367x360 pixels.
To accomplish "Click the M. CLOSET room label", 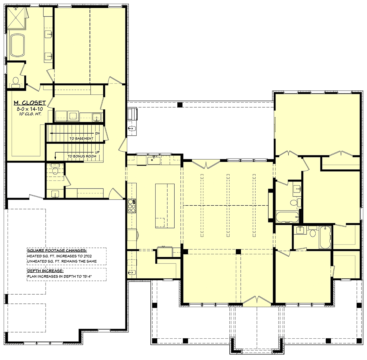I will tap(30, 103).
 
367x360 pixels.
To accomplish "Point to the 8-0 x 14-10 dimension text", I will tap(30, 108).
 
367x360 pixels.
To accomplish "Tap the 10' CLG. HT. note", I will tap(30, 114).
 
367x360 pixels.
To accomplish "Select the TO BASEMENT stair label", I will tap(81, 138).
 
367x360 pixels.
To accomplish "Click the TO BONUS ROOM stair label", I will tap(82, 156).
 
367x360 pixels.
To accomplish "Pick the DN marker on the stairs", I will tap(97, 133).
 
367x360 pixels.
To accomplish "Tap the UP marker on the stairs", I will tap(97, 152).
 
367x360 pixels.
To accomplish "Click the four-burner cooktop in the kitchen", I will tap(132, 206).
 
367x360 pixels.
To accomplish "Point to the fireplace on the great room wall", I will tap(270, 205).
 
